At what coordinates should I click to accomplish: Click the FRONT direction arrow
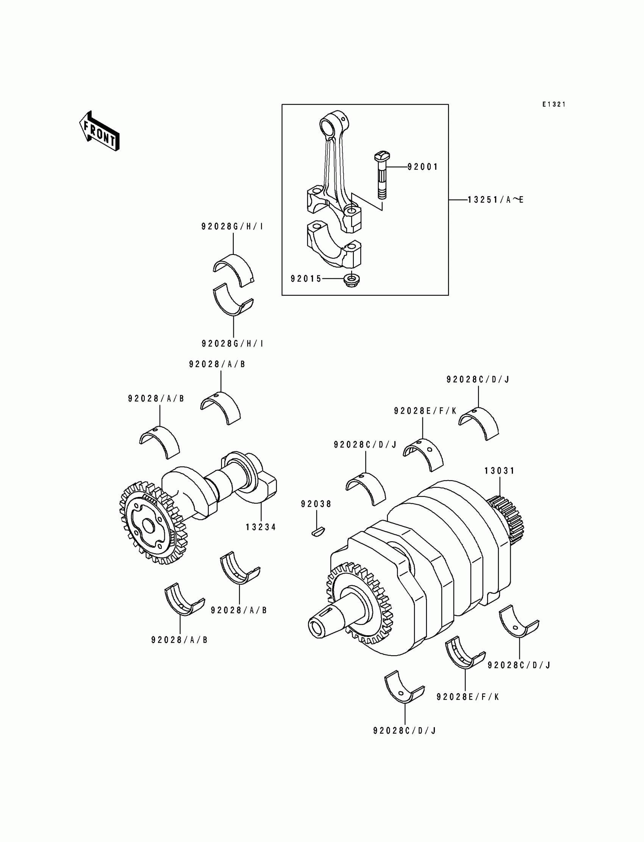(x=99, y=131)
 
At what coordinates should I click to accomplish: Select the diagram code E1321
(x=553, y=105)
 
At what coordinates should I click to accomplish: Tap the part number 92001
(x=422, y=167)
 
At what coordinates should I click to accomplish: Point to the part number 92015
(x=306, y=279)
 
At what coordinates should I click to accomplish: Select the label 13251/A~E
(x=495, y=200)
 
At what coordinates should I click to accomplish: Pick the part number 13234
(x=261, y=527)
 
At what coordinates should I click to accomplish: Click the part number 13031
(x=499, y=471)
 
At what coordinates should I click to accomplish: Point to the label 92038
(x=316, y=504)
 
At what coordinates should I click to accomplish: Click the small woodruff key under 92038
(x=317, y=531)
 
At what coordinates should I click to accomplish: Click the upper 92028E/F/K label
(x=425, y=411)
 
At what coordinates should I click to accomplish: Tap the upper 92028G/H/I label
(x=232, y=227)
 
